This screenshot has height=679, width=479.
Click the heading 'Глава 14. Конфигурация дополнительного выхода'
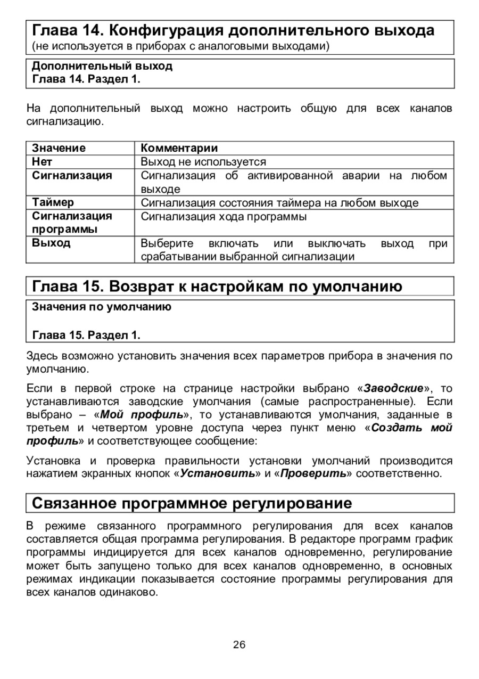(x=233, y=30)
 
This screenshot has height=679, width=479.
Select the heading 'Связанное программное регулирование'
(x=192, y=503)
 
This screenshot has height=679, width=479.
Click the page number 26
(x=239, y=645)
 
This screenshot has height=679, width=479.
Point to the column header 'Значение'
(x=59, y=148)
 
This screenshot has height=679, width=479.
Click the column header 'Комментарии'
(x=179, y=148)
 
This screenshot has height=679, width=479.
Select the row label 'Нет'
(x=42, y=161)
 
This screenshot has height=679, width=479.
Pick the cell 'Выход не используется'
(x=203, y=161)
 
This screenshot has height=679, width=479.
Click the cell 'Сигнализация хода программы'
(x=224, y=217)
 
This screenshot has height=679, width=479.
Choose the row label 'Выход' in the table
(x=51, y=243)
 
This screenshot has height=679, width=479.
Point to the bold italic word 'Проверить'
(x=313, y=473)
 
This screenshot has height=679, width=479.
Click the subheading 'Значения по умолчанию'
(x=102, y=307)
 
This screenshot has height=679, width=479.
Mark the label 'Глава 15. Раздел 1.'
(x=86, y=336)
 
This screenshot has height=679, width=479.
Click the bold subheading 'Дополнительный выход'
(x=102, y=67)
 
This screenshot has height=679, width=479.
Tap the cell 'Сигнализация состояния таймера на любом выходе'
(x=279, y=203)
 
